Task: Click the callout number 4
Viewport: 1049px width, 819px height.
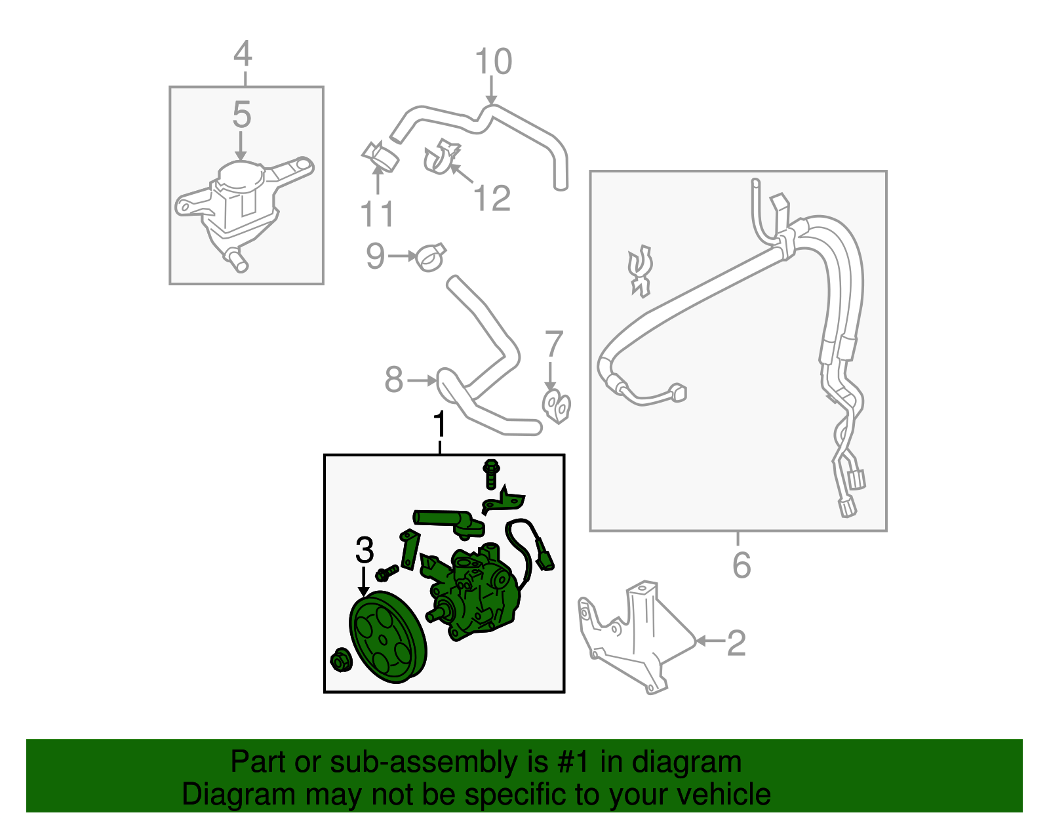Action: point(243,54)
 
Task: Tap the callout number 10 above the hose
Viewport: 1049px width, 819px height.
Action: point(493,62)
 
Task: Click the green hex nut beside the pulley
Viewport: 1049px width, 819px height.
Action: point(341,660)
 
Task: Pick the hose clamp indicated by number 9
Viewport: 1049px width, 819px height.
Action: point(431,258)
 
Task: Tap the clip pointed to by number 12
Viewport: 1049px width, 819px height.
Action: point(440,157)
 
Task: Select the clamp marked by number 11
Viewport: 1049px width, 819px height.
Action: point(382,157)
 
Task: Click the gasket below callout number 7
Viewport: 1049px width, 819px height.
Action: point(557,406)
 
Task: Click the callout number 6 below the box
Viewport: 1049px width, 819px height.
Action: point(741,565)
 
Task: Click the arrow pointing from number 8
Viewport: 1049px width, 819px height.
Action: point(422,380)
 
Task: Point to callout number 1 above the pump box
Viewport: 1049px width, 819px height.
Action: point(440,426)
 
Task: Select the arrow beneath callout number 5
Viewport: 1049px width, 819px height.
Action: point(241,146)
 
